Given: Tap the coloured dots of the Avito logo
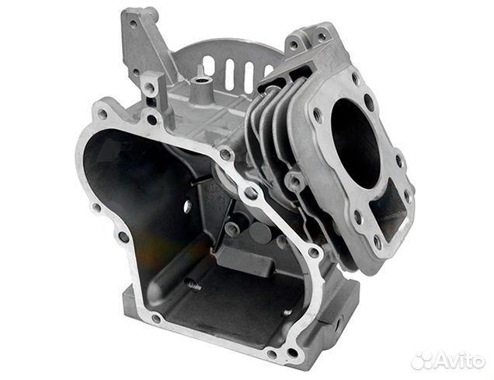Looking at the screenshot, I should click(x=421, y=359).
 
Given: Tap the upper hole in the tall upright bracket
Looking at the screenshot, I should click(x=133, y=24).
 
